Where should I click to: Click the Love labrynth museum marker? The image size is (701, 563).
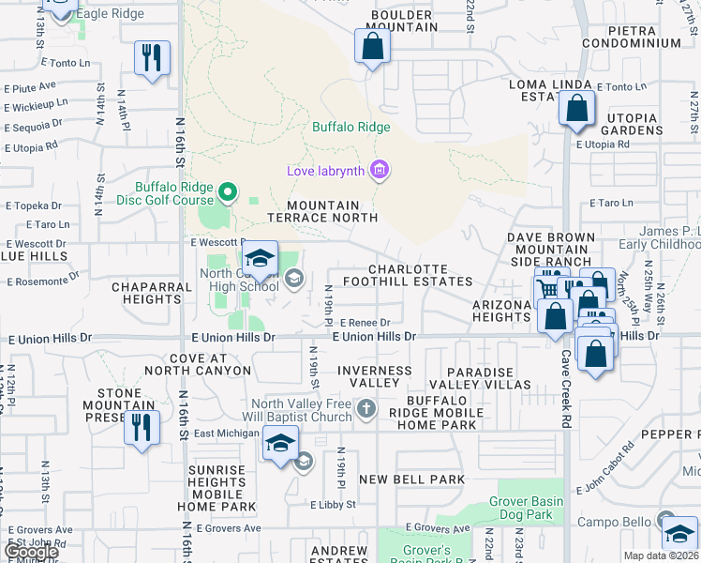pyautogui.click(x=380, y=170)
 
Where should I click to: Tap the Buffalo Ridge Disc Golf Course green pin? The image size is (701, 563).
pyautogui.click(x=227, y=193)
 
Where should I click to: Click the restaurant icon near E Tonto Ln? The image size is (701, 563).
pyautogui.click(x=151, y=57)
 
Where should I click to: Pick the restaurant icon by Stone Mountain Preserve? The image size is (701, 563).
pyautogui.click(x=141, y=428)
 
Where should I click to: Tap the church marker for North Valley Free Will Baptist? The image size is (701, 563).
pyautogui.click(x=366, y=409)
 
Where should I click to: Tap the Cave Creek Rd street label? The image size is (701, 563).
pyautogui.click(x=566, y=403)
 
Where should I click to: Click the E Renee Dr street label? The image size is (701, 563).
pyautogui.click(x=357, y=322)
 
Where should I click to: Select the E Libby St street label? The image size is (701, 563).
pyautogui.click(x=334, y=504)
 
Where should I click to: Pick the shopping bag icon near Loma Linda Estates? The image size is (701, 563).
pyautogui.click(x=576, y=108)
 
